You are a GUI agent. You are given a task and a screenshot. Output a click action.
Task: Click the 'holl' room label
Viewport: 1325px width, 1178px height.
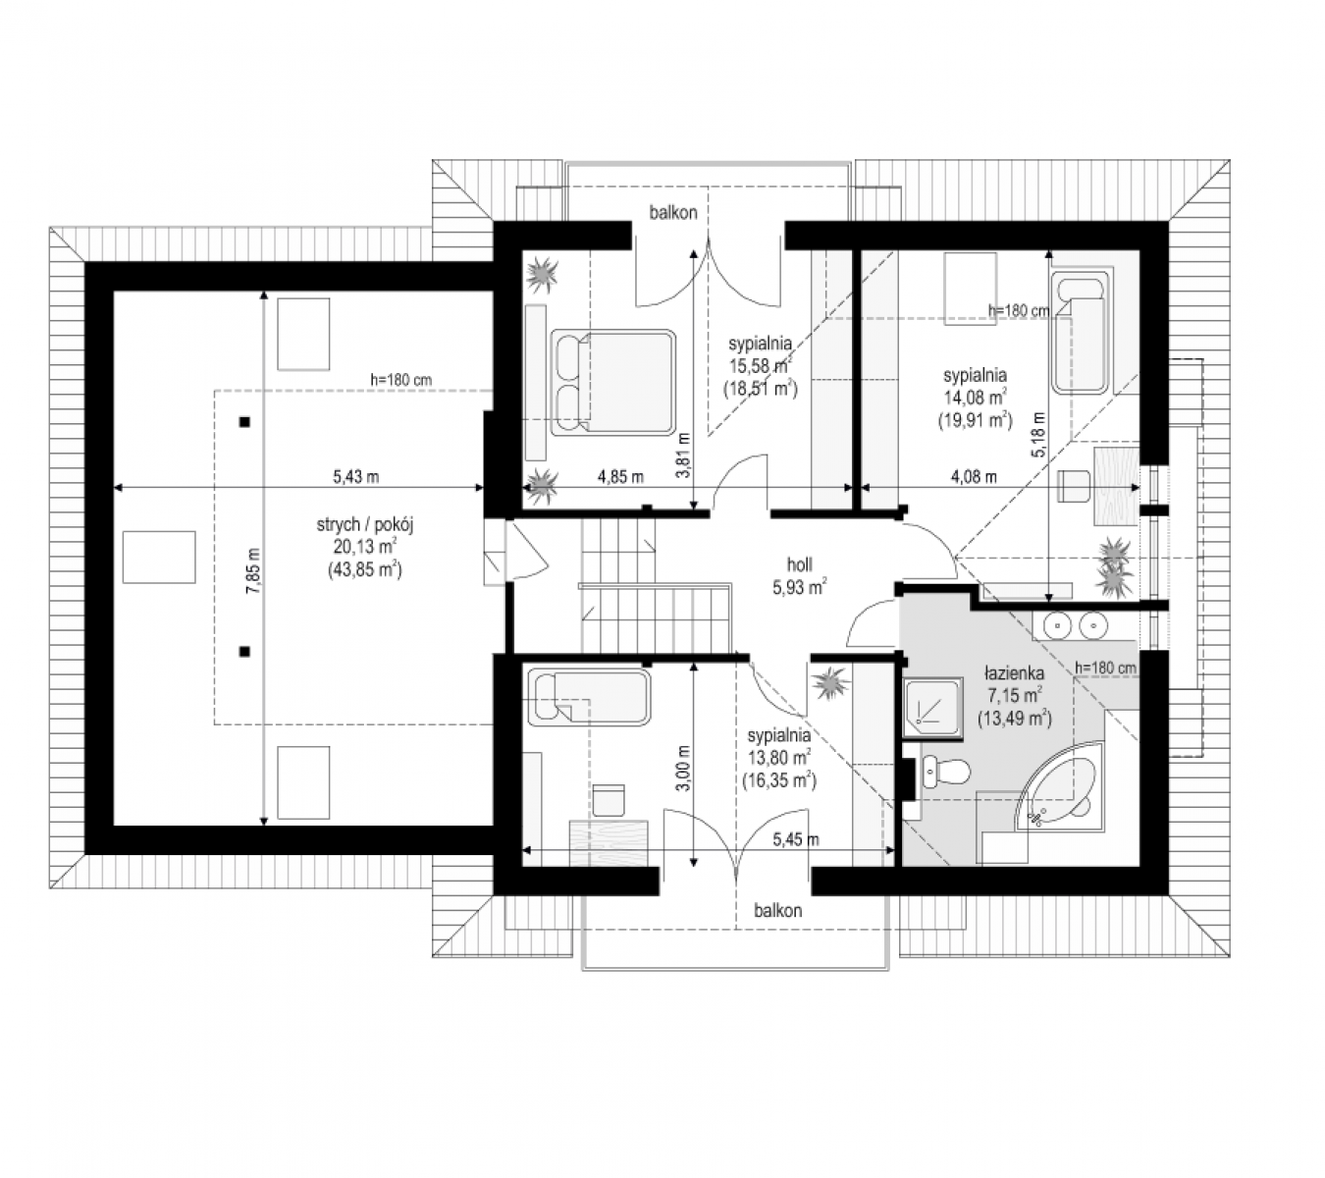(x=799, y=564)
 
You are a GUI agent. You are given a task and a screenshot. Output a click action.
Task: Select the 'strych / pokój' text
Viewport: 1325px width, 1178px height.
(x=365, y=524)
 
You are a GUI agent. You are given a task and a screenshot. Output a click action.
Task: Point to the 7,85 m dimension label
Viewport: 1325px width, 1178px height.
(x=252, y=570)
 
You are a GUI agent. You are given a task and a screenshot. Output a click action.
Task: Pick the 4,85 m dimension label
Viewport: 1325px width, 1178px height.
(x=620, y=477)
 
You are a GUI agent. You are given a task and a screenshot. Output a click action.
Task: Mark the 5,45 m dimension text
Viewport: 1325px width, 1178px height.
(x=796, y=839)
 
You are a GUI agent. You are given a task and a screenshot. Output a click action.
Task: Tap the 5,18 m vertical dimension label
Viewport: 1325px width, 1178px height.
(x=1039, y=435)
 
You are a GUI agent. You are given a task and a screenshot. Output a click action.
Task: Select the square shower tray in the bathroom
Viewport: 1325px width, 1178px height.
(x=933, y=708)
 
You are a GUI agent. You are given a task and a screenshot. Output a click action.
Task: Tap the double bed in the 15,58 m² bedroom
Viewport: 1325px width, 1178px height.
(x=612, y=382)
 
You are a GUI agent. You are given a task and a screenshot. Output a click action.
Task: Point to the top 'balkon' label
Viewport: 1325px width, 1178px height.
(x=673, y=213)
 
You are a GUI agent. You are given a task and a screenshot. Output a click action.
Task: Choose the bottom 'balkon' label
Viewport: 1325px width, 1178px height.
(x=777, y=910)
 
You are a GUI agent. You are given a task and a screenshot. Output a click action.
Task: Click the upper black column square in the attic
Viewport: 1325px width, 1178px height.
(x=244, y=422)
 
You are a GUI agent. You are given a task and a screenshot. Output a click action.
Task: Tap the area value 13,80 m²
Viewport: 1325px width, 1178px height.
(x=779, y=758)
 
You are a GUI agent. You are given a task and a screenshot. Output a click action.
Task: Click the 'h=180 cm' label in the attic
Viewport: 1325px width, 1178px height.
(x=400, y=379)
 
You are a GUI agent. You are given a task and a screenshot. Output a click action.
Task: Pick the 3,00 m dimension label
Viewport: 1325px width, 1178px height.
(x=683, y=769)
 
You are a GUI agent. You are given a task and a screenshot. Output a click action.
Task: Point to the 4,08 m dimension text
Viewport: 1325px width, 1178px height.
(x=974, y=477)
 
